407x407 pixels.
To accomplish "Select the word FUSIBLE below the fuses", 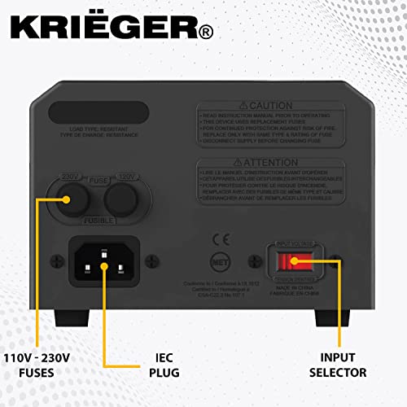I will click(99, 221).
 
